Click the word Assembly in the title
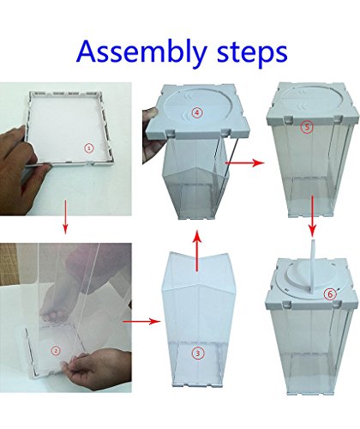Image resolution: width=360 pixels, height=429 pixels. point(141,52)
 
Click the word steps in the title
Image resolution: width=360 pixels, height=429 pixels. point(252,52)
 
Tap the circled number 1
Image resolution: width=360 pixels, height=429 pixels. point(89,148)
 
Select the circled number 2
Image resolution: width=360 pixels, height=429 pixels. point(56,351)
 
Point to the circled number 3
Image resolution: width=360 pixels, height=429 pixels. point(197,353)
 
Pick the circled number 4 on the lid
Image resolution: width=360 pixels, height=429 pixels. point(196,112)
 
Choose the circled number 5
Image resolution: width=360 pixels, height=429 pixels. point(307,127)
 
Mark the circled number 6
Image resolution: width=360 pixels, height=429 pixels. point(330,294)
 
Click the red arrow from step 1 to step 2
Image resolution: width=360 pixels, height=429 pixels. point(65,217)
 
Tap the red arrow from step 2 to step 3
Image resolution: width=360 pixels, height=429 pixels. point(141,322)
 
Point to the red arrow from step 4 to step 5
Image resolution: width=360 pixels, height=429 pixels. point(245,163)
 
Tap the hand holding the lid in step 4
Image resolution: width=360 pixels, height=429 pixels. point(150,135)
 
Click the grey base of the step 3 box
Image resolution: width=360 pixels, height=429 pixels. point(197,384)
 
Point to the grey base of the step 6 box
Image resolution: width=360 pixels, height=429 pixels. point(310,391)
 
